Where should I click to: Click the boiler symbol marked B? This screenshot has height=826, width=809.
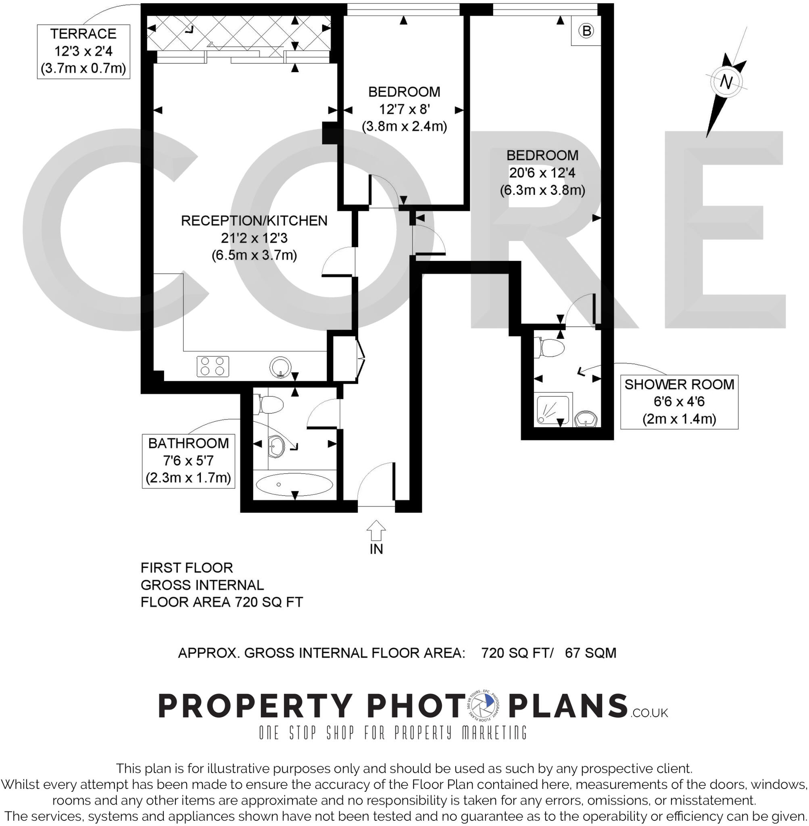point(586,31)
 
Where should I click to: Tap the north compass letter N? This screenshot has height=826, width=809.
point(726,81)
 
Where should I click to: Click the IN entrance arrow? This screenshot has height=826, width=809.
point(376,531)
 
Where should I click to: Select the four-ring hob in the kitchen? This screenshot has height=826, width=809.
point(213,366)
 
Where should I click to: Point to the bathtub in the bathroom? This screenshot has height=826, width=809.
point(294,484)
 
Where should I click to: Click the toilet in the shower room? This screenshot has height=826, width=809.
point(550,348)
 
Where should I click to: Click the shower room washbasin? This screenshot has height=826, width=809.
point(587,419)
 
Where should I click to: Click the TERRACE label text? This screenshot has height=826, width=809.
point(83,33)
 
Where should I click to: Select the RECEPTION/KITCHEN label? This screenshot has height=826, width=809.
point(254,221)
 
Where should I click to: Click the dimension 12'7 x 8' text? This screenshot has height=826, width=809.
point(404,109)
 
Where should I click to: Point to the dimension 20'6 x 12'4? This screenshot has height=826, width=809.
point(542,173)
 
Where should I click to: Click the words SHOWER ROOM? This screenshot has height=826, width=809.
point(679,384)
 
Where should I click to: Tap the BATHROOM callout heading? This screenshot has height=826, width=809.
point(188,443)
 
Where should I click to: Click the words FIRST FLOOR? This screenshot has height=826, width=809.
point(187,567)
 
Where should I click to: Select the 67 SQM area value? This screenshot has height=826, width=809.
point(590,653)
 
